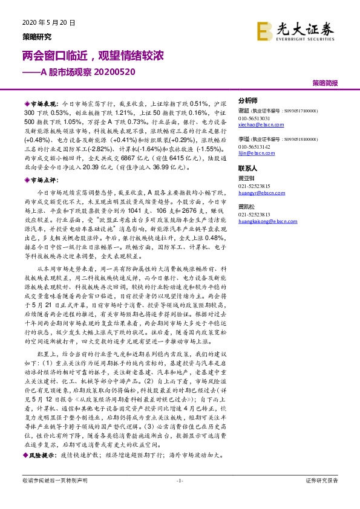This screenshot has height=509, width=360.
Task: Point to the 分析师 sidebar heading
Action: click(247, 100)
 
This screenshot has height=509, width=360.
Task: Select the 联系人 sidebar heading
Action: click(247, 169)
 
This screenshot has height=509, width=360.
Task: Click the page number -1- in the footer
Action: click(179, 480)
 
